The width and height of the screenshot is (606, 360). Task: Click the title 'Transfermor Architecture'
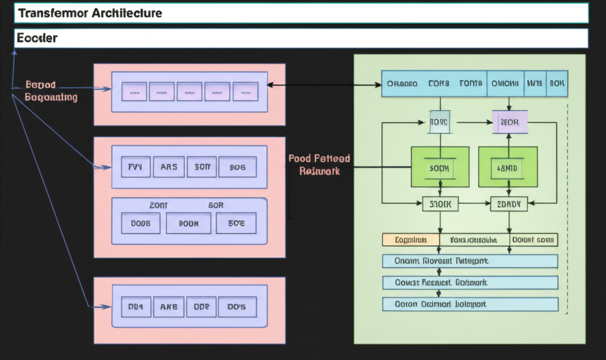click(90, 13)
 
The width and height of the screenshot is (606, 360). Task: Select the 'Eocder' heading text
click(37, 38)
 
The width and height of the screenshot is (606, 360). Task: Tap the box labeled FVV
click(136, 167)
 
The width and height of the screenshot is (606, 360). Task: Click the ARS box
click(169, 167)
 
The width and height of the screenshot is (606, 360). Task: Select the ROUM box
click(188, 223)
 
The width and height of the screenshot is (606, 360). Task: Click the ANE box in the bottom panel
click(169, 307)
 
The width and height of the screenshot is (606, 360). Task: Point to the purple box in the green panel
click(509, 122)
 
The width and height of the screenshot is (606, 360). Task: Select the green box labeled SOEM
click(440, 168)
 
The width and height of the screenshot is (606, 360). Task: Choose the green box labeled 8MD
click(508, 168)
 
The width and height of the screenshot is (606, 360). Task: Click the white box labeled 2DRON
click(508, 204)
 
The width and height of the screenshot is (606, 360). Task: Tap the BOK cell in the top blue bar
click(557, 83)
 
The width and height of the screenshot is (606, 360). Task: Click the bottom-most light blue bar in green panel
click(470, 304)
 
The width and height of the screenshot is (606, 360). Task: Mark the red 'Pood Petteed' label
click(319, 159)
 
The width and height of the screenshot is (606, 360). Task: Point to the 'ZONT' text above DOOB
click(159, 205)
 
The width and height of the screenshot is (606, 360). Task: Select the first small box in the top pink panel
click(134, 92)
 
